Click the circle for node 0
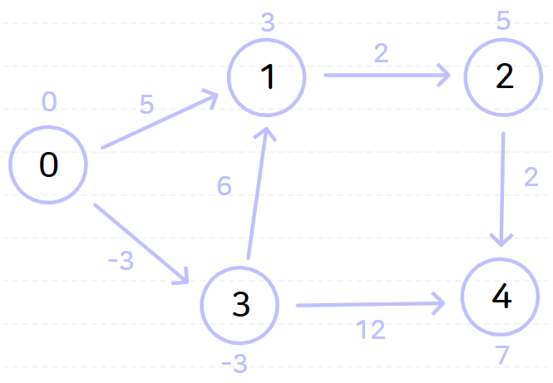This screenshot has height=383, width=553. [x=48, y=164]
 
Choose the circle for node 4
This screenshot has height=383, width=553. [x=501, y=297]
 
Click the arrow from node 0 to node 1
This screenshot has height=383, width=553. [x=158, y=122]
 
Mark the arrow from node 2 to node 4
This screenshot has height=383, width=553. [x=503, y=187]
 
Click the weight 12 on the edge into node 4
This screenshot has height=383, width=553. [x=371, y=331]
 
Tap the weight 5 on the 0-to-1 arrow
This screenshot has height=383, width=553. [x=146, y=105]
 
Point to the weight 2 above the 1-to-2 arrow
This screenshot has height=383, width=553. [x=381, y=53]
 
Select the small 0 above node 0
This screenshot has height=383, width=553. [x=49, y=101]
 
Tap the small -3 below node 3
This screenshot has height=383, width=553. [x=235, y=363]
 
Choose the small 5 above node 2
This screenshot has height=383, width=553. [x=503, y=20]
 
